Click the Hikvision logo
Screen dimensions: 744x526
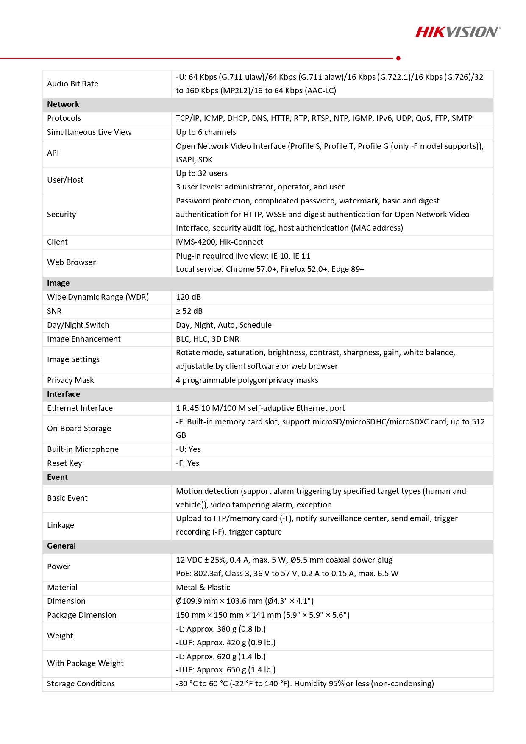click(x=457, y=32)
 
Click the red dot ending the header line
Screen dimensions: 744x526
click(x=398, y=58)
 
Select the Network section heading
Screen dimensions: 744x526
click(x=63, y=104)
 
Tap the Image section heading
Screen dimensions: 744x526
click(x=58, y=283)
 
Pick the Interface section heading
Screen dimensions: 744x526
click(x=64, y=394)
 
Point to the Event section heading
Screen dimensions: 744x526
click(x=57, y=477)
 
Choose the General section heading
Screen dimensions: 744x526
click(x=61, y=546)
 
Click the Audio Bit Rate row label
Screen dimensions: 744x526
click(x=72, y=84)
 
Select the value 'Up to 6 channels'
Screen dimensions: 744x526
click(x=206, y=132)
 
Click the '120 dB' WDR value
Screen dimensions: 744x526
click(x=188, y=297)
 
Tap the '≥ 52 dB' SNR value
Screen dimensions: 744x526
click(x=189, y=311)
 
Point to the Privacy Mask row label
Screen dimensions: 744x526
click(x=70, y=380)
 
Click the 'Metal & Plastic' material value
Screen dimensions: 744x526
click(x=203, y=588)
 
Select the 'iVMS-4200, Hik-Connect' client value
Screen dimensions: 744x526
click(x=219, y=242)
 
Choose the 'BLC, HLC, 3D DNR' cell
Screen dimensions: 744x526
click(x=207, y=339)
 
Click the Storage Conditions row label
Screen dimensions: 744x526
click(x=81, y=684)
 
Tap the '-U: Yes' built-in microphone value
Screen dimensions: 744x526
click(x=188, y=449)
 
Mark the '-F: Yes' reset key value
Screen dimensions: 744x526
click(x=187, y=463)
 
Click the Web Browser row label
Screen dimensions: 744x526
click(x=71, y=262)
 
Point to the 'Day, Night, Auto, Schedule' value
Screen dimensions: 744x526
click(x=223, y=325)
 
